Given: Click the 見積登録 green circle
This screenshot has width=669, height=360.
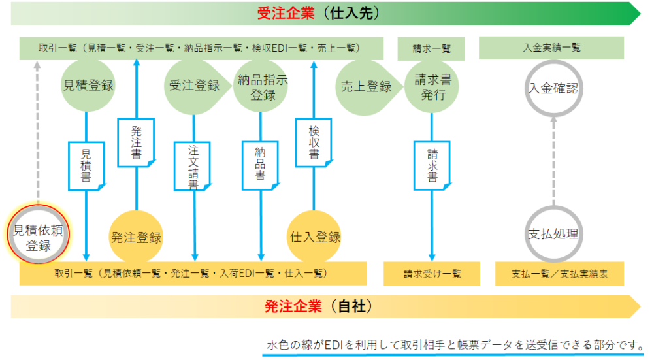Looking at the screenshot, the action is tap(88, 86).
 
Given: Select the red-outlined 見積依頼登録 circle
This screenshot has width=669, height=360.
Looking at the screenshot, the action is tap(39, 234).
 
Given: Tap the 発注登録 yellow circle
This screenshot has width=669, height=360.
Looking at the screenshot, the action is tap(136, 237).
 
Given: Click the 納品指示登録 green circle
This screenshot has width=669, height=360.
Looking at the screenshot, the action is tap(261, 86).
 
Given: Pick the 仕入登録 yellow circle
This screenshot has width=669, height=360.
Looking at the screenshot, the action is tap(314, 237).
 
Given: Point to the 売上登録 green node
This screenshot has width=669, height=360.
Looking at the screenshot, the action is tap(368, 88).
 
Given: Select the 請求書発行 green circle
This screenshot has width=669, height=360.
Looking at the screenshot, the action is tap(432, 87).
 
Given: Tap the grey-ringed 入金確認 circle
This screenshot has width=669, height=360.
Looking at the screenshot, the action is tap(553, 88).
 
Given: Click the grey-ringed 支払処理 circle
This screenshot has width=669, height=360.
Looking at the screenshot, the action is tap(553, 234).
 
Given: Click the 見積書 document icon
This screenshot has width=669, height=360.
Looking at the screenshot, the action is tap(87, 166).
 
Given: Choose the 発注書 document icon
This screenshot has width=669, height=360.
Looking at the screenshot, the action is tap(136, 142).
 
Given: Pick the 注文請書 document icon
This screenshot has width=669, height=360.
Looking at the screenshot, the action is tap(193, 167).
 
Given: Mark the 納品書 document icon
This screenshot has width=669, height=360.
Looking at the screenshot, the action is tap(261, 165).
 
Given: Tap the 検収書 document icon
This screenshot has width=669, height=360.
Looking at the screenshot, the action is tap(314, 142).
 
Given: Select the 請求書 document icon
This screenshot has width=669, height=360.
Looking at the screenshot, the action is tap(432, 165).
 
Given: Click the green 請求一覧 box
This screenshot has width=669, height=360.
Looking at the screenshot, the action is tap(431, 48).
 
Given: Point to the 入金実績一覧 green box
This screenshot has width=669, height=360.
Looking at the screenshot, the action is tap(551, 48).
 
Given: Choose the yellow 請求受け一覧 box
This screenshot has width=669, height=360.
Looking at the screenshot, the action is tap(432, 274).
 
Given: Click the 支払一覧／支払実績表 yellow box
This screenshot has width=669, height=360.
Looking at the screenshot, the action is tap(559, 274).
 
